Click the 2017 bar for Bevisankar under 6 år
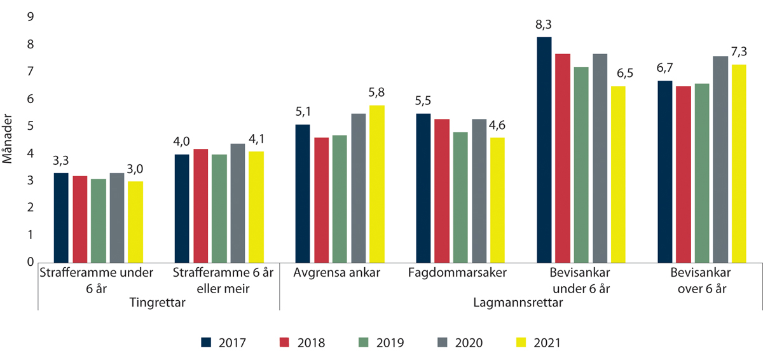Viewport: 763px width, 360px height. point(544,149)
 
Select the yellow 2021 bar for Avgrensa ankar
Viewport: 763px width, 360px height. point(376,184)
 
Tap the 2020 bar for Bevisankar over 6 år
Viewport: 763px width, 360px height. point(720,159)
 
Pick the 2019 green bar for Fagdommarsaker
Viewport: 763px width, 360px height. point(460,197)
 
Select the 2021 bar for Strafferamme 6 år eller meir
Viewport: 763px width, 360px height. point(256,207)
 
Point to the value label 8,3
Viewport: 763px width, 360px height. point(544,26)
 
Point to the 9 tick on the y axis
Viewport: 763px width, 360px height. point(29,17)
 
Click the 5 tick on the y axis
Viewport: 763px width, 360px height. point(29,126)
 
